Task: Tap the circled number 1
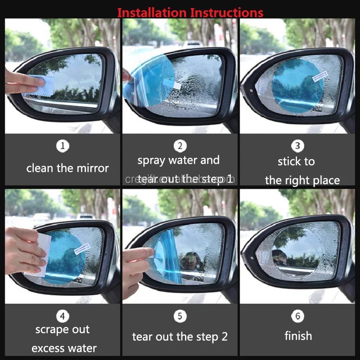(63, 146)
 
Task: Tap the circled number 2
(180, 146)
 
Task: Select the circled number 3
(297, 146)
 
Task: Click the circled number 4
(63, 315)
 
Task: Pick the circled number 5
(180, 315)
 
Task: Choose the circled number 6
(297, 315)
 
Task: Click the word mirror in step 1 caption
(92, 168)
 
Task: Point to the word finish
(298, 336)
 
